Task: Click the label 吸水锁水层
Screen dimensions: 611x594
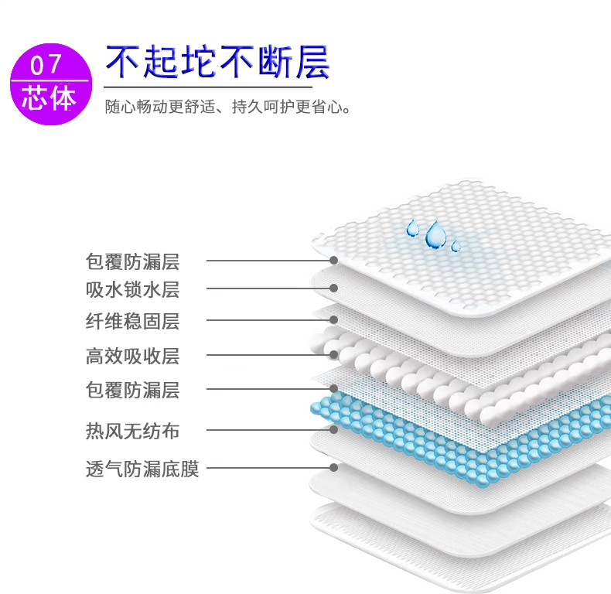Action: coord(132,290)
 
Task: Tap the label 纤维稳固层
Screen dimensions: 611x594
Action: coord(132,321)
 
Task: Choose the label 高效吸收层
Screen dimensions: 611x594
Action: coord(132,357)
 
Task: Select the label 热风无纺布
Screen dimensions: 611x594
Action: coord(132,431)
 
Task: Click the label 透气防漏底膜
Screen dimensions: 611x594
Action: coord(142,469)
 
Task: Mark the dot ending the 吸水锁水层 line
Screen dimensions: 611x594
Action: coord(334,288)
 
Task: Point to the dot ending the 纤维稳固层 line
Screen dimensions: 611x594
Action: coord(334,319)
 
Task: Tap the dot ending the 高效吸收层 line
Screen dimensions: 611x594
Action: coord(334,355)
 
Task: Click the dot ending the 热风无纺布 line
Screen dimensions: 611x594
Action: coord(334,430)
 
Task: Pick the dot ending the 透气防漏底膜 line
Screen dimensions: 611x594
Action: coord(334,467)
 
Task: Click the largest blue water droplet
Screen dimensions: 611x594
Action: coord(435,234)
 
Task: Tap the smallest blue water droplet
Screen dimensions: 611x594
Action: coord(456,247)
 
